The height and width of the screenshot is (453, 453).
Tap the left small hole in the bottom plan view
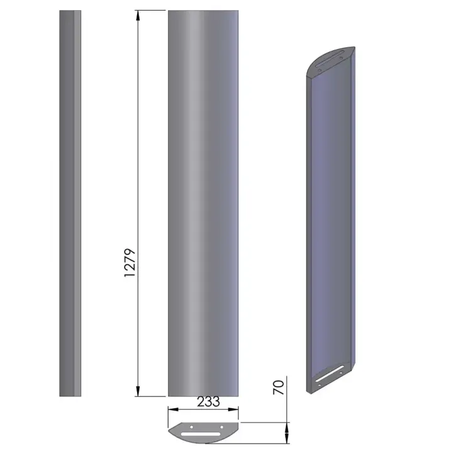click(191, 427)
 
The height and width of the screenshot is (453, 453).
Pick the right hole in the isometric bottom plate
click(341, 374)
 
